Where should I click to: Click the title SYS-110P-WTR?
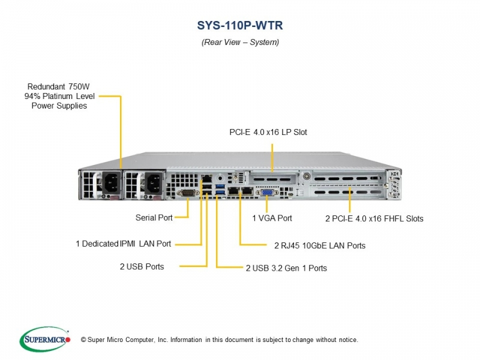tap(240, 25)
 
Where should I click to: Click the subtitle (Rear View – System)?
tap(241, 42)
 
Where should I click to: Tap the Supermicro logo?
tap(46, 339)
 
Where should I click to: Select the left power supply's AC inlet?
tap(111, 183)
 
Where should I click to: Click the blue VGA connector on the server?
tap(267, 192)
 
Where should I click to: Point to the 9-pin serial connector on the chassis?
tap(188, 193)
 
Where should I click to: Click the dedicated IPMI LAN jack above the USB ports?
tap(207, 178)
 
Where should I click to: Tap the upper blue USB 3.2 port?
tap(220, 186)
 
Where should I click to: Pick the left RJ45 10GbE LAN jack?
tap(233, 191)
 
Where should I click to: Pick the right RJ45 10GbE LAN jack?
tap(247, 191)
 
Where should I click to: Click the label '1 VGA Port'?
tap(272, 218)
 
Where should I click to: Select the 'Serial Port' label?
tap(154, 218)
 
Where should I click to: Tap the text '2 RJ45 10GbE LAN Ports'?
tap(320, 245)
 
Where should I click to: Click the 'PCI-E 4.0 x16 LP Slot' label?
tap(268, 132)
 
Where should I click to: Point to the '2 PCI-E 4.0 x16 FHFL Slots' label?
tap(374, 218)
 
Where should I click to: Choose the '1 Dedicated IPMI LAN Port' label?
tap(124, 244)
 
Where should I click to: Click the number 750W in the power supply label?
tap(79, 86)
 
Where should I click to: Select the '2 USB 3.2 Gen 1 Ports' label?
tap(287, 268)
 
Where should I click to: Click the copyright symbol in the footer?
tap(83, 340)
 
